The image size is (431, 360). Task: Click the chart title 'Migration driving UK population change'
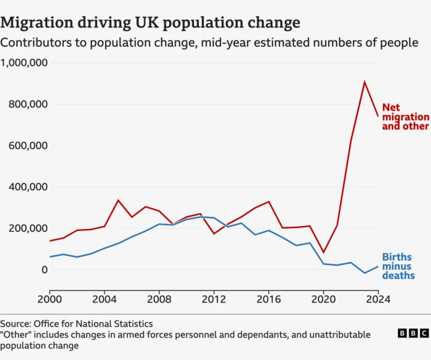click(150, 22)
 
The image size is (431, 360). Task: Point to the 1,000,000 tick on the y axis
click(24, 63)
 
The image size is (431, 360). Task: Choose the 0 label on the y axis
click(45, 270)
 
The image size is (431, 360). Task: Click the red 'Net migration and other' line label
click(405, 116)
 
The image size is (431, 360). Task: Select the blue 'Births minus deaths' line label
click(397, 266)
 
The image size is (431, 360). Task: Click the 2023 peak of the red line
click(364, 82)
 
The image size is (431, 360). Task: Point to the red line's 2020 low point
click(323, 252)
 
